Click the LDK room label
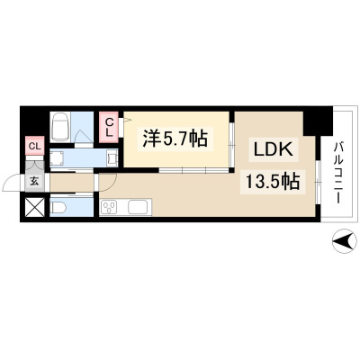click(x=273, y=150)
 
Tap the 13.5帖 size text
click(x=273, y=181)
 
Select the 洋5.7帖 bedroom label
click(x=175, y=139)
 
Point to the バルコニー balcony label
click(x=338, y=173)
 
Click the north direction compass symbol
click(x=345, y=241)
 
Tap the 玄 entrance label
click(x=35, y=181)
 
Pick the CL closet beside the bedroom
click(x=110, y=127)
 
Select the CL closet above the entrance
click(x=35, y=146)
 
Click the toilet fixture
click(x=58, y=207)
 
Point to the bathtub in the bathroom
click(x=60, y=127)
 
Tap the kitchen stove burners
click(x=110, y=207)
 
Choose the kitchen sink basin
click(x=138, y=207)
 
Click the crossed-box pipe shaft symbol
click(x=35, y=207)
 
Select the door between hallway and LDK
click(x=108, y=183)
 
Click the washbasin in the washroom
click(x=113, y=158)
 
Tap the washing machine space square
click(x=57, y=158)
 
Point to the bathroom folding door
click(x=83, y=137)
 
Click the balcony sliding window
click(x=318, y=183)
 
